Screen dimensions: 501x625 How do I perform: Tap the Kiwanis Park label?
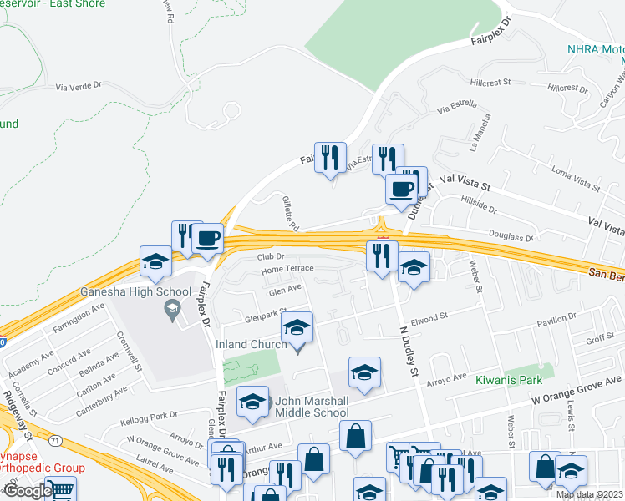510,379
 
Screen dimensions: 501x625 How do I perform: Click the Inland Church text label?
252,345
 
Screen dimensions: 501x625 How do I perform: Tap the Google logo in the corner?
27,491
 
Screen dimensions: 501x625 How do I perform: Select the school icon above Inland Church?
297,328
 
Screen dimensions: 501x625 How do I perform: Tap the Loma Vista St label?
576,179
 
